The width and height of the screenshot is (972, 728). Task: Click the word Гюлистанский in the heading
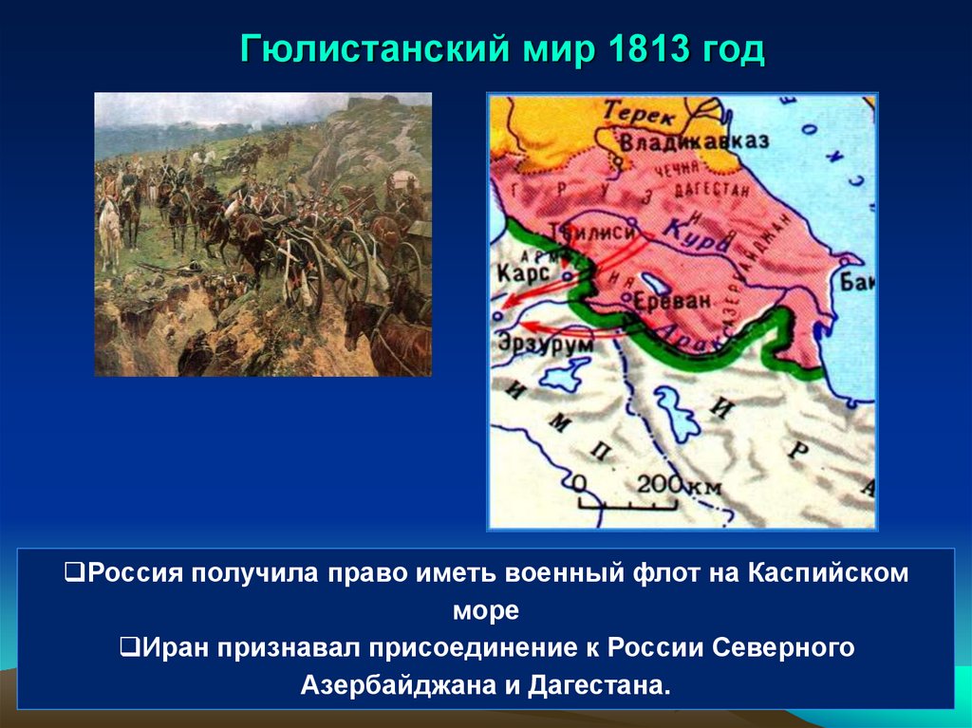(369, 49)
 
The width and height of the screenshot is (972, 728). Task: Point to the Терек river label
(639, 115)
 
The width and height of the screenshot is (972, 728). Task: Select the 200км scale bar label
(678, 485)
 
